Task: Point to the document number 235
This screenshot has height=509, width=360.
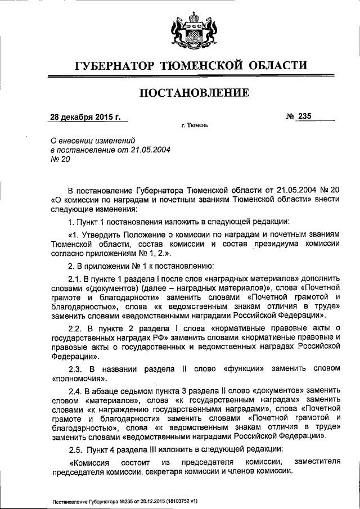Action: tap(305, 116)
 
